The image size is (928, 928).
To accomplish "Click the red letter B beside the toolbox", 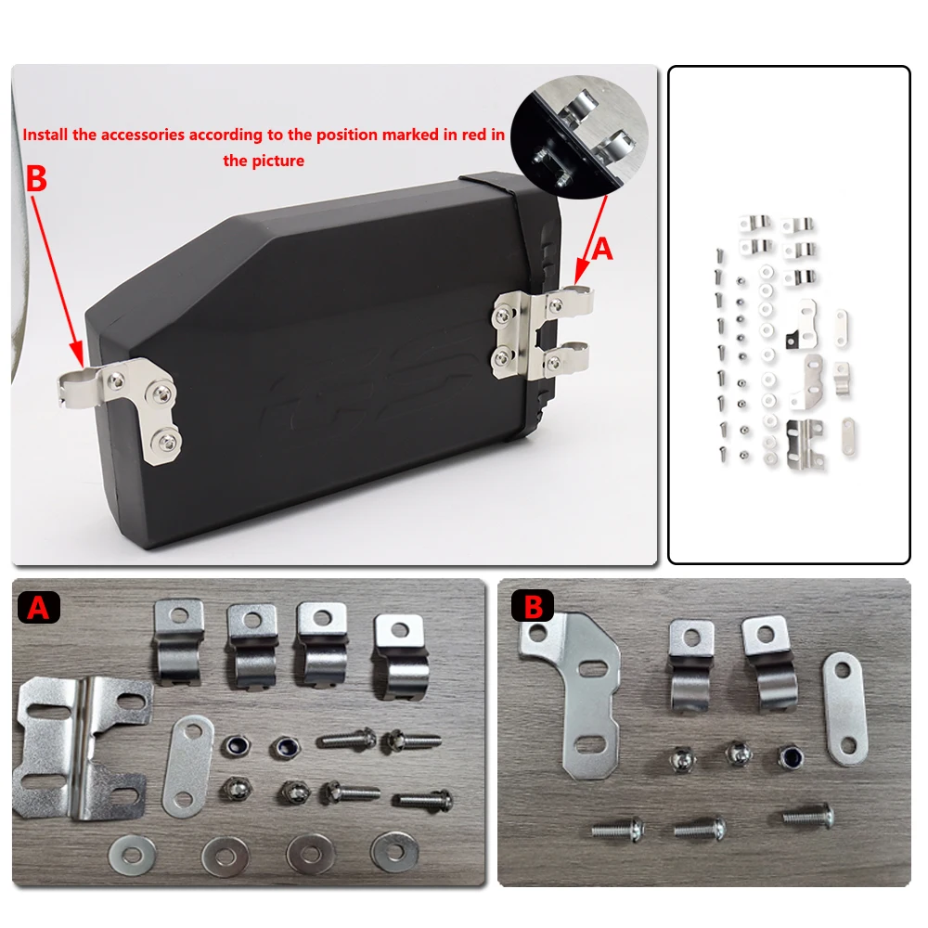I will pyautogui.click(x=36, y=179).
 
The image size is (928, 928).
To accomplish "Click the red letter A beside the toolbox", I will pyautogui.click(x=602, y=248).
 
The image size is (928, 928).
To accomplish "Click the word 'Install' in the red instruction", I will pyautogui.click(x=45, y=135).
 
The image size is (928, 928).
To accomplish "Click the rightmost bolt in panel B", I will pyautogui.click(x=807, y=817).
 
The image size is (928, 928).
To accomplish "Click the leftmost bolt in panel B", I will pyautogui.click(x=618, y=829).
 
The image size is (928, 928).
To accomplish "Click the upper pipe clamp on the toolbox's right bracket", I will pyautogui.click(x=568, y=303).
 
